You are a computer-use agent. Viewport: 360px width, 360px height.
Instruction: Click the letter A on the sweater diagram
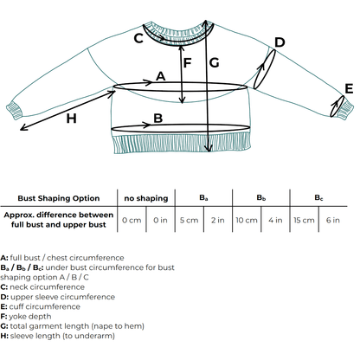tap(160, 77)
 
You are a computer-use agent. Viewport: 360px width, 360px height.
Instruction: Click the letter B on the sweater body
tap(157, 119)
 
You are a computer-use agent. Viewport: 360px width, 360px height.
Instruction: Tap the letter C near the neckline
tap(138, 38)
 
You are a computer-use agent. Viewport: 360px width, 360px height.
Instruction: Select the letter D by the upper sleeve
tap(280, 43)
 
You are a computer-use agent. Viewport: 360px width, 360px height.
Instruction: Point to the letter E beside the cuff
tap(348, 88)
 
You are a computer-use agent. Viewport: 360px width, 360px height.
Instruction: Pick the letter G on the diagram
tap(215, 61)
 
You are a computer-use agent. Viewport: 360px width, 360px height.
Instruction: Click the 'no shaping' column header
tap(145, 198)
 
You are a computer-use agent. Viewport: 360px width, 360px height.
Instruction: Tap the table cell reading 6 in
tap(333, 220)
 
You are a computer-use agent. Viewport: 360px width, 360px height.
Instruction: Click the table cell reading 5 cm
tap(189, 220)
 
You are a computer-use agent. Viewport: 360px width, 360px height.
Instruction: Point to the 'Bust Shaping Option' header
tap(58, 198)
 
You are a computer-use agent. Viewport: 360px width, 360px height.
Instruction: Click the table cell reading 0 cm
tap(132, 220)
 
